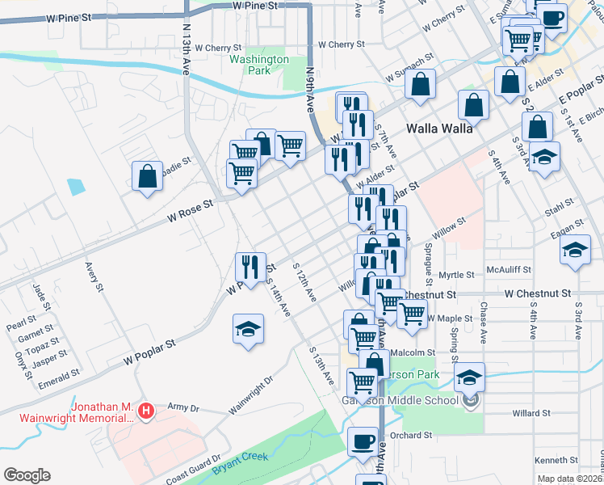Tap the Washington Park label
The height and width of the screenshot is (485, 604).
click(258, 65)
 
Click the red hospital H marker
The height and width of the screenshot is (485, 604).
click(145, 412)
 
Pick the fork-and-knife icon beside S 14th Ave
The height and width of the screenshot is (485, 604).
click(250, 266)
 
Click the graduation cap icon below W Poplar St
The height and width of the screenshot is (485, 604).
click(249, 329)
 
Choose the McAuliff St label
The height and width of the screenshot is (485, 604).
click(507, 271)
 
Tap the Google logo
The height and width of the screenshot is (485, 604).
click(27, 474)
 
